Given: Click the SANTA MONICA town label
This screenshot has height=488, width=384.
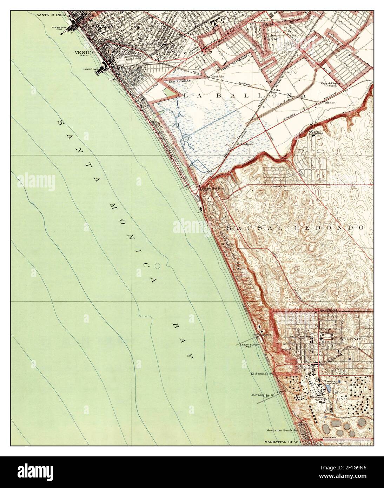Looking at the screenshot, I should (52, 15).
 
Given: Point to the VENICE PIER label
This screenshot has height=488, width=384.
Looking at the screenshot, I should (90, 69).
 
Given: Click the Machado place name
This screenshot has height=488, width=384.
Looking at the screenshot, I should (217, 76).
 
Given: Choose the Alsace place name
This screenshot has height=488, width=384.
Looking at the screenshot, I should (330, 103).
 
